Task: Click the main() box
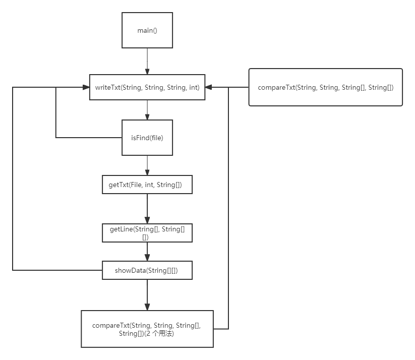coord(147,31)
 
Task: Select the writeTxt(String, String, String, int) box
coord(147,87)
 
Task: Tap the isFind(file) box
coord(147,138)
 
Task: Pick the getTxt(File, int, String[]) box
coord(147,185)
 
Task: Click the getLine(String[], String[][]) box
coord(147,233)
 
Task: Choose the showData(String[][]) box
coord(147,271)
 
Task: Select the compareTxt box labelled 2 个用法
coord(147,329)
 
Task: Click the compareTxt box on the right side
coord(325,87)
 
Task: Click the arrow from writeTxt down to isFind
coord(147,109)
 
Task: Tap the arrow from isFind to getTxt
coord(147,165)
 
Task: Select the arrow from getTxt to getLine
coord(147,208)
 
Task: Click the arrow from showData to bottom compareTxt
coord(147,294)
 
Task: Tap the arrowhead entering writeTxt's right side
coord(209,87)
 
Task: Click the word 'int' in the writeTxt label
coord(194,87)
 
